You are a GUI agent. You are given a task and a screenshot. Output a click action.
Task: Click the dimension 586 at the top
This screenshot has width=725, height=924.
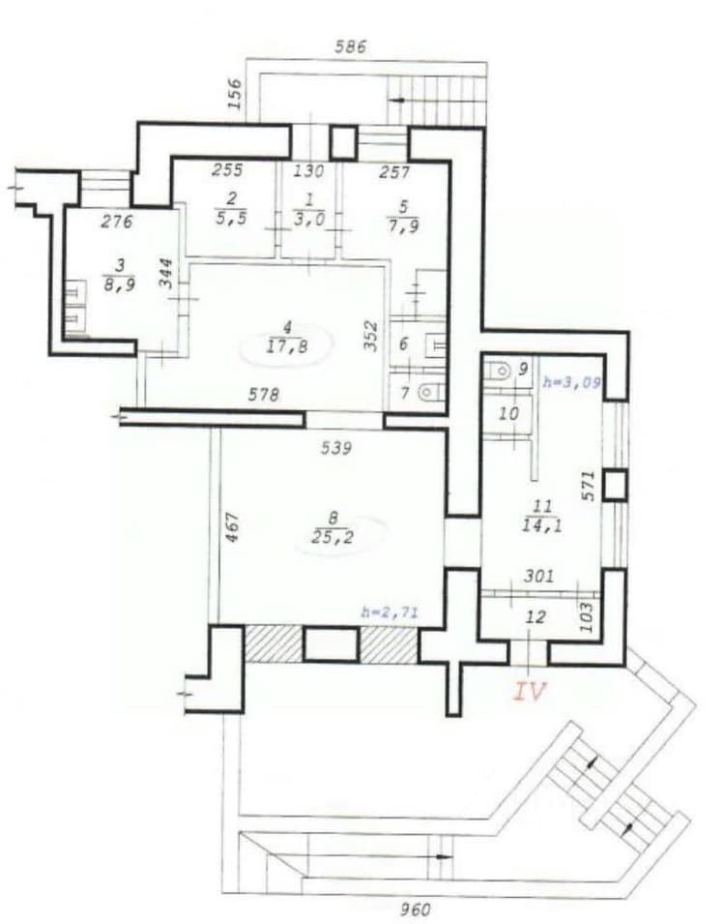[x=351, y=46]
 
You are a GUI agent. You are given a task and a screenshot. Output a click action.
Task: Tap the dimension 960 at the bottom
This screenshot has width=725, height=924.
[x=416, y=909]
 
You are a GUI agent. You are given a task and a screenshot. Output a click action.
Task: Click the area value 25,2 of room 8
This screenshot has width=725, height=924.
[x=333, y=537]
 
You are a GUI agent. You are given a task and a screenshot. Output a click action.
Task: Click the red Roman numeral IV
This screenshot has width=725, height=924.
[x=530, y=691]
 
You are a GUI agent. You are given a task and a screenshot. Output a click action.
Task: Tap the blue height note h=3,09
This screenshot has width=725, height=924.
[x=571, y=382]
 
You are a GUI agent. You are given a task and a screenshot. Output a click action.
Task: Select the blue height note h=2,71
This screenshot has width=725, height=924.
[x=390, y=612]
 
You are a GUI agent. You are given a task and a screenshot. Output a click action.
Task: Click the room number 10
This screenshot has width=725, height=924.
[x=508, y=414]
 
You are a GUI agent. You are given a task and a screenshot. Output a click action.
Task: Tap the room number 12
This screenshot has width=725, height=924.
[x=536, y=617]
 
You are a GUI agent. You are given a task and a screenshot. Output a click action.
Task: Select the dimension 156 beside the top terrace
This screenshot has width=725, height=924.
[x=234, y=94]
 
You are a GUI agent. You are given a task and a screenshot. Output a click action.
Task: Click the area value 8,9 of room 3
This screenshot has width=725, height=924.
[x=120, y=285]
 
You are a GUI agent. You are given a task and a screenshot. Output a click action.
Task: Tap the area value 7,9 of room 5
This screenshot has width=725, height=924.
[x=403, y=225]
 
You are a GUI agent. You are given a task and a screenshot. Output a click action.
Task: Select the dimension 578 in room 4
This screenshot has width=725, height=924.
[x=263, y=394]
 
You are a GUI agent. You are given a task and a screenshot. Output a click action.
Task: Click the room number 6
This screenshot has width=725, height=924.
[x=404, y=343]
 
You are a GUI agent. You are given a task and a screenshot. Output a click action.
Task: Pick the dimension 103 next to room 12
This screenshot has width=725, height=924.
[x=587, y=616]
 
